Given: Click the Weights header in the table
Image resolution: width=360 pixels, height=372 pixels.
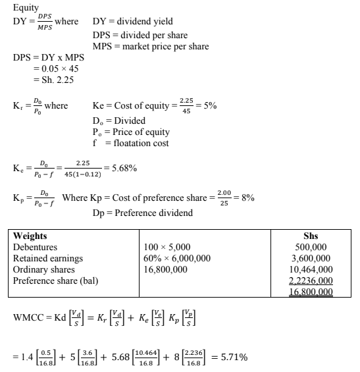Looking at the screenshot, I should coord(30,235).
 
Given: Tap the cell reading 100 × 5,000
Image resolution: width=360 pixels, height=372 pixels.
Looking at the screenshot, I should coord(170,246).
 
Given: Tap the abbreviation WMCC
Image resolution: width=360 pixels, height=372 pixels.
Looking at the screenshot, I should coord(30,321).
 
